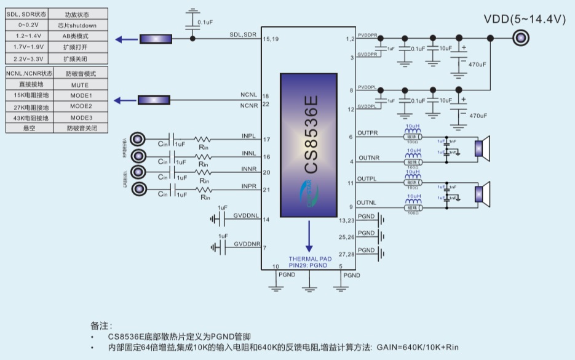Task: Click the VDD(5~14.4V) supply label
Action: tap(525, 19)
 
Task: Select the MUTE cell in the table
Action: tap(79, 85)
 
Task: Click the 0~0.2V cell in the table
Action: tap(26, 25)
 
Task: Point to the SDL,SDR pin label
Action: tap(243, 34)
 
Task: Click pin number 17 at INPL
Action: tap(266, 140)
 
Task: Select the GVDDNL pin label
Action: tap(245, 216)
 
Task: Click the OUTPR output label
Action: tap(368, 133)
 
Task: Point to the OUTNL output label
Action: tap(367, 202)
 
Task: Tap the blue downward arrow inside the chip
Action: tap(309, 234)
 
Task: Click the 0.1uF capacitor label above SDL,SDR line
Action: tap(205, 22)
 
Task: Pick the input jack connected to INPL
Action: tap(139, 139)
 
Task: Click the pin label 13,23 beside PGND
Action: tap(347, 220)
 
